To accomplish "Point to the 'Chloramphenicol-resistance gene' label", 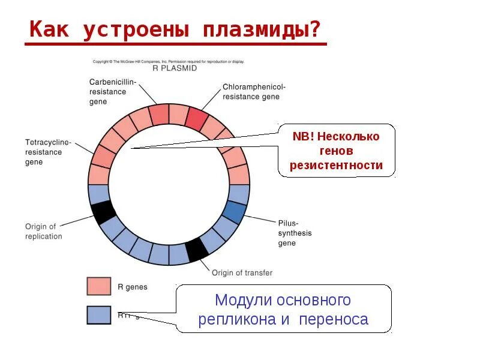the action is (x=250, y=92).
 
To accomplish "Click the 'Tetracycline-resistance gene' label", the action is (x=48, y=152).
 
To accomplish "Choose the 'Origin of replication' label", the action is (x=43, y=231).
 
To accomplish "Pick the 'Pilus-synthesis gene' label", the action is (x=295, y=233).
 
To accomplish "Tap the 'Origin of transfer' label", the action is (x=242, y=272).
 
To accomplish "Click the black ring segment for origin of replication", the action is (x=103, y=212).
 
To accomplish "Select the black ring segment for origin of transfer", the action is (x=196, y=249).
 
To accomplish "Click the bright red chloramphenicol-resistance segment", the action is (x=196, y=117).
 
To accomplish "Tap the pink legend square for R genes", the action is (x=98, y=286).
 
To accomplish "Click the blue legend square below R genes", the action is (x=98, y=315).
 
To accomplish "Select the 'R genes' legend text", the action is (x=132, y=287).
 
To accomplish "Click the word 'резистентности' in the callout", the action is (x=336, y=165).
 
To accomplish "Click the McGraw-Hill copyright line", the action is (x=168, y=61).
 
